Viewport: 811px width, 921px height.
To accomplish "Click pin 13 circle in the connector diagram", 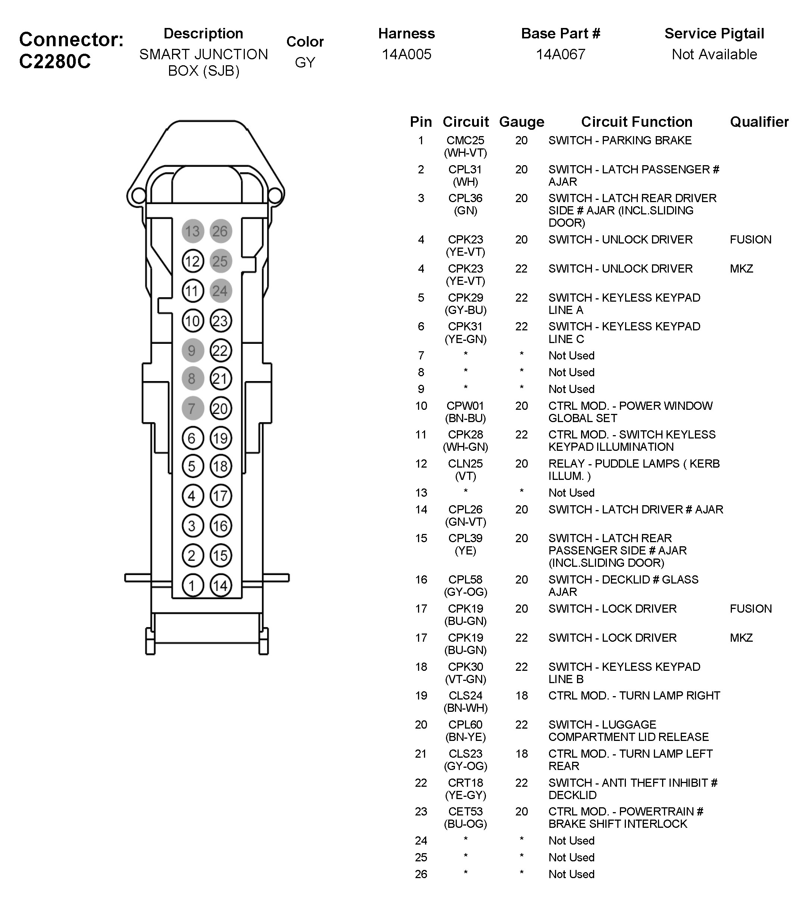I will tap(193, 231).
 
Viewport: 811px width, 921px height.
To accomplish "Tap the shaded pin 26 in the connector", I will tap(221, 231).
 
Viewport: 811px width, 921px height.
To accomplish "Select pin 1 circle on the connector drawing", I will tap(193, 585).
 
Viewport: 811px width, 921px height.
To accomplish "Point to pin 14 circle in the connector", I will tap(221, 585).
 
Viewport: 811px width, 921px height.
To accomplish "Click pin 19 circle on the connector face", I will tap(221, 438).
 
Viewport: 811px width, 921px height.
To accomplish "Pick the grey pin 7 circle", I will tap(193, 408).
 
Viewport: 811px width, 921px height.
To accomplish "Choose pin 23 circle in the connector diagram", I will tap(221, 321).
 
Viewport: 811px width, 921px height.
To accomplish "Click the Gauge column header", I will tap(521, 122).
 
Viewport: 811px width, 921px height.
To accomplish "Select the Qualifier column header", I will tap(759, 122).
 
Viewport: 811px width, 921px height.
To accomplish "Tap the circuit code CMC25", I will tap(465, 141).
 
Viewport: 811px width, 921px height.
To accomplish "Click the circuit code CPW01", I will tap(465, 406).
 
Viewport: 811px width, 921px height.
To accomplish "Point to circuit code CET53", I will tap(465, 811).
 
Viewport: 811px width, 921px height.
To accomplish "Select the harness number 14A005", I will tap(406, 54).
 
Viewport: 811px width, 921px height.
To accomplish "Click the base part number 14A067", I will tap(560, 54).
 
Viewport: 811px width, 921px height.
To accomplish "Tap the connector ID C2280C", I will tap(55, 61).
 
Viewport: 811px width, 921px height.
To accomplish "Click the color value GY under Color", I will tap(305, 62).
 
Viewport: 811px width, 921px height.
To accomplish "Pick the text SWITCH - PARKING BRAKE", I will tap(620, 141).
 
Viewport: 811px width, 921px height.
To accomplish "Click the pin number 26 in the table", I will tap(421, 874).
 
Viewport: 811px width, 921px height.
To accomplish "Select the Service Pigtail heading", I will tap(714, 33).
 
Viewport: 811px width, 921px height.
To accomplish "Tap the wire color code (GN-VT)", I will tap(465, 522).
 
